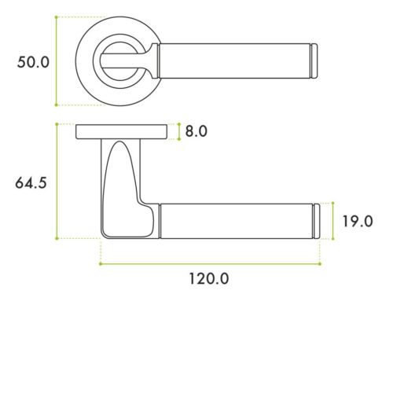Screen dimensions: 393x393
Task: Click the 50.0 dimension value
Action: [34, 61]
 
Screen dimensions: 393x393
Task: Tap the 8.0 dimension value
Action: [197, 131]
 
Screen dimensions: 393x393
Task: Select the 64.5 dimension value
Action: [32, 182]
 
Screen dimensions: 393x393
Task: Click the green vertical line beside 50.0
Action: [57, 61]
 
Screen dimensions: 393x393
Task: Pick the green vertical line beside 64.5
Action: [57, 181]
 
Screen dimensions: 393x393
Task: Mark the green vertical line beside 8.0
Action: [180, 131]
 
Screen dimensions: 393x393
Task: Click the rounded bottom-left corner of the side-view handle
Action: [105, 233]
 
